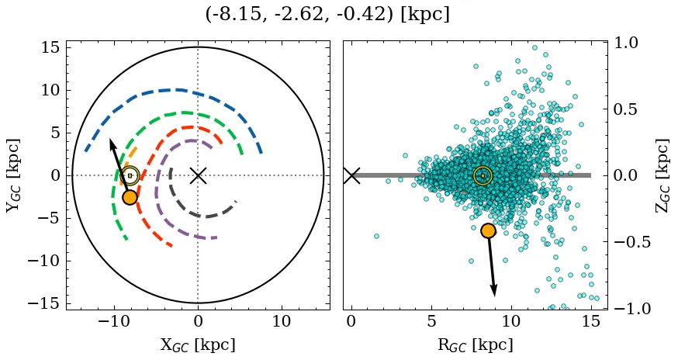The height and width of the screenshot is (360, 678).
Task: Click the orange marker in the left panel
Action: click(x=130, y=197)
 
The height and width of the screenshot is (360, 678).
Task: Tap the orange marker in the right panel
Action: click(x=488, y=230)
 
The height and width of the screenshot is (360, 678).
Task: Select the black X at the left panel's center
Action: click(x=198, y=175)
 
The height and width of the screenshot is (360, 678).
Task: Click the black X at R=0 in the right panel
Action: click(x=351, y=175)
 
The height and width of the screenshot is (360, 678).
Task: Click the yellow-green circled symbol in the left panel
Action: click(x=130, y=175)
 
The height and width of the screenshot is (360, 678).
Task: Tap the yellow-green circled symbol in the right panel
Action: click(x=483, y=175)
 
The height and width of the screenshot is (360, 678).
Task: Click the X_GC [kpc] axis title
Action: click(x=198, y=345)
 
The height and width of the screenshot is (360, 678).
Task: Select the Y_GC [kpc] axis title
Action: click(x=13, y=175)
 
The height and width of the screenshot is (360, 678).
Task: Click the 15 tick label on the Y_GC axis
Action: click(x=51, y=47)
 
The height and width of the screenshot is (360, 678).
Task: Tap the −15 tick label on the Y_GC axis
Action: click(x=45, y=303)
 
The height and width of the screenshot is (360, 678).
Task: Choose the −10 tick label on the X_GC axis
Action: click(x=113, y=322)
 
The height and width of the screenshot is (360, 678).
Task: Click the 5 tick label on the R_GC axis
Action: click(x=431, y=322)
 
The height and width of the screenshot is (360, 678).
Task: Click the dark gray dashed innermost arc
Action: click(x=203, y=216)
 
